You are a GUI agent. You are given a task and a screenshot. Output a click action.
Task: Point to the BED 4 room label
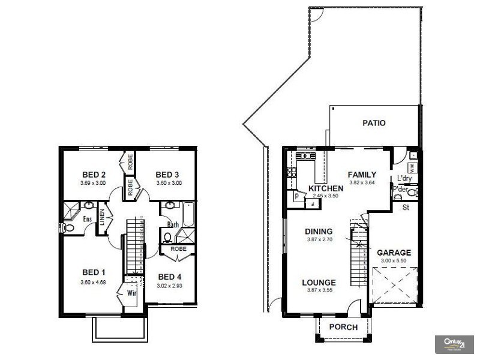pyautogui.click(x=170, y=277)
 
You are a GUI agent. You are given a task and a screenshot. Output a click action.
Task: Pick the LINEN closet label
pyautogui.click(x=102, y=217)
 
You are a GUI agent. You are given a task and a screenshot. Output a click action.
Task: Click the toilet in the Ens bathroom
pyautogui.click(x=68, y=228)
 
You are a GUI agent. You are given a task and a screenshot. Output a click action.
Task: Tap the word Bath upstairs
pyautogui.click(x=173, y=225)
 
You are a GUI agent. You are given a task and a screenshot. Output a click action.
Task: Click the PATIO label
pyautogui.click(x=374, y=123)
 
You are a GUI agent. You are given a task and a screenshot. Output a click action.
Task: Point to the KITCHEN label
pyautogui.click(x=326, y=188)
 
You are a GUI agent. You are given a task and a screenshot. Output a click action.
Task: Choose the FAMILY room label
pyautogui.click(x=362, y=175)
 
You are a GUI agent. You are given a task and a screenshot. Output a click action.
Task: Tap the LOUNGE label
pyautogui.click(x=319, y=283)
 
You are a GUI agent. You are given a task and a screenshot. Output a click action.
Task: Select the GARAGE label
pyautogui.click(x=394, y=253)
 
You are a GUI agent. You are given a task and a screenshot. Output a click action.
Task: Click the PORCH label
pyautogui.click(x=344, y=328)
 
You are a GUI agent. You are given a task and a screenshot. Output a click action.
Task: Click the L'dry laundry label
pyautogui.click(x=403, y=178)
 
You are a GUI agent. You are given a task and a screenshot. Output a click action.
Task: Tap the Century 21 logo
pyautogui.click(x=454, y=344)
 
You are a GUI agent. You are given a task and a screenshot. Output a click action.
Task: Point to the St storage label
pyautogui.click(x=405, y=208)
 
